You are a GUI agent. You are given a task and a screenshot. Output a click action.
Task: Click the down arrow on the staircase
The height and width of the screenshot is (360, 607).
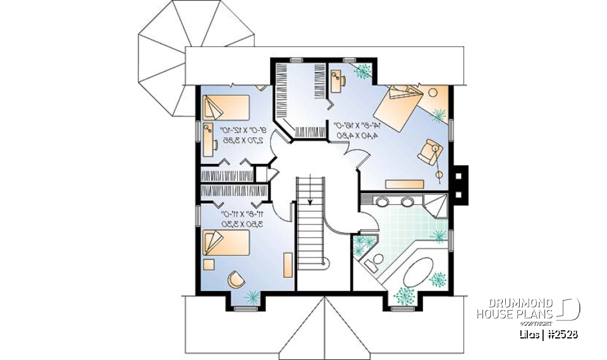(310, 202)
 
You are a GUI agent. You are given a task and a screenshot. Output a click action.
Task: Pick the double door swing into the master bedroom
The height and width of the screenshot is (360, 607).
(350, 154)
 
